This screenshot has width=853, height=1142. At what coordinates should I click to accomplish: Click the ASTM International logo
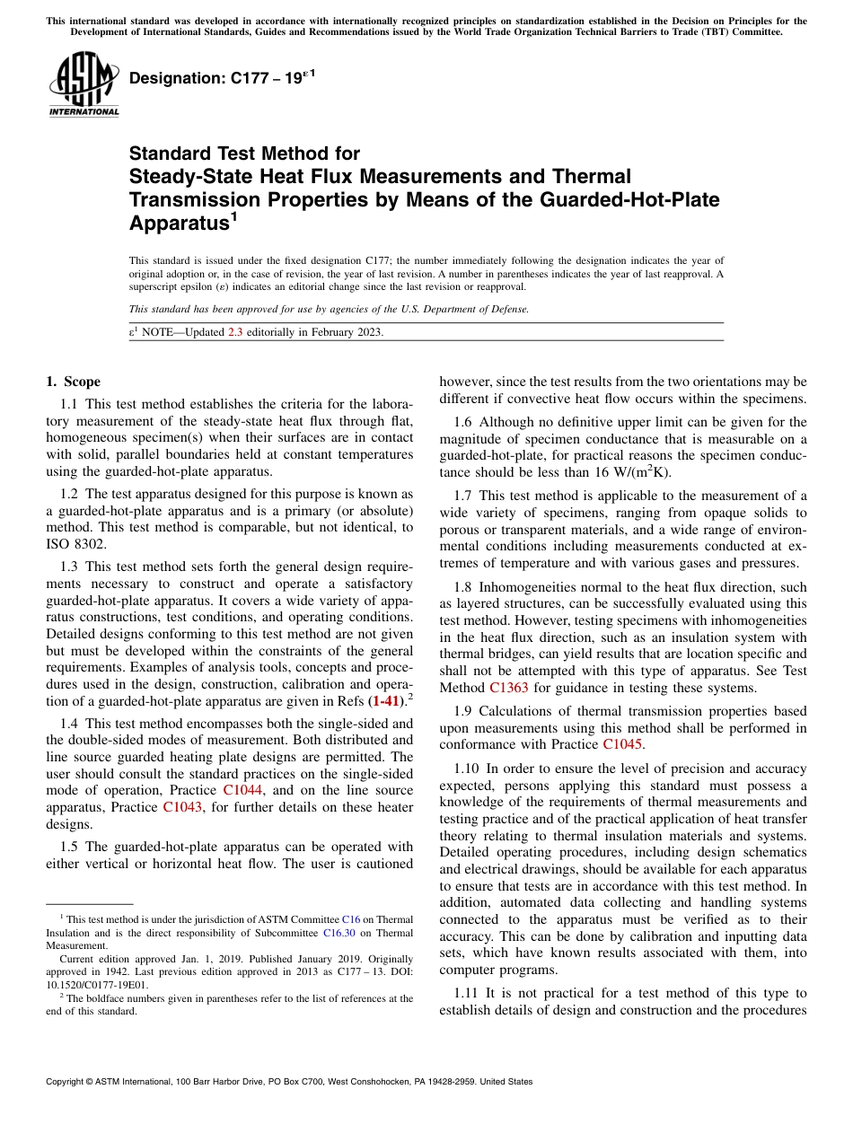coord(83,83)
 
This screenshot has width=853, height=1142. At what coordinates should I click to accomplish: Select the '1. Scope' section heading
coord(74,382)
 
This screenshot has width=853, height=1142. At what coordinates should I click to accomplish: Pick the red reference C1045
coord(622,744)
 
